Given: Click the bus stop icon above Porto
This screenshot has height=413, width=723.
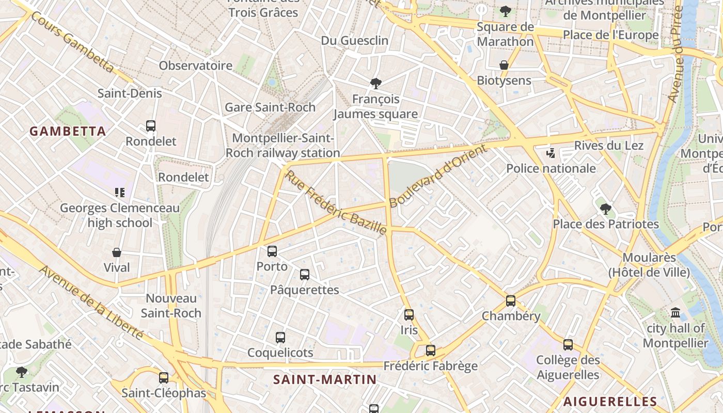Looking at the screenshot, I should tap(272, 251).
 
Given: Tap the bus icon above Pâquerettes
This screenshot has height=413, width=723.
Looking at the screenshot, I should tap(304, 275).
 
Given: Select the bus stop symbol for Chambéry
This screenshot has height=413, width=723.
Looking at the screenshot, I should tap(511, 300).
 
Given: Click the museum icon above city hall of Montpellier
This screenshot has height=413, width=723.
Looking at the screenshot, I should tap(675, 313).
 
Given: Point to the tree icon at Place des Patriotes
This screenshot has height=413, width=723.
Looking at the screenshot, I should tap(606, 209).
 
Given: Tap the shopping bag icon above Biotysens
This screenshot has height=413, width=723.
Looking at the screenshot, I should tap(504, 65).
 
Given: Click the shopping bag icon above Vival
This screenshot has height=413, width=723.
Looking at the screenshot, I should tap(117, 252).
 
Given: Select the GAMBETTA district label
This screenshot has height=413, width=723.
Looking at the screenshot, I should tap(68, 131).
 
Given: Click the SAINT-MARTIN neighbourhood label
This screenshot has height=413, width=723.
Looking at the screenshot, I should tap(325, 379).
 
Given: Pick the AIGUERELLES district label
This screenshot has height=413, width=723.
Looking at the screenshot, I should tap(610, 401).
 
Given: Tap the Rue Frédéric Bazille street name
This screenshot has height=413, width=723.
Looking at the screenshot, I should tap(335, 202).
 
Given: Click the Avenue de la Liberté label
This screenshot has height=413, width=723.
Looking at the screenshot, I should tap(92, 303).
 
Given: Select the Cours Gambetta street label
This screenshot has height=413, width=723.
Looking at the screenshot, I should tap(72, 42).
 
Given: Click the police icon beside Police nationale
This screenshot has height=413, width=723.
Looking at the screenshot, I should tap(551, 153).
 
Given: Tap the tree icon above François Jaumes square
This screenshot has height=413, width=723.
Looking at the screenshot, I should tap(376, 83).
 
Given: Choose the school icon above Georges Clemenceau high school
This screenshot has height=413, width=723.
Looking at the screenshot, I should tap(120, 193).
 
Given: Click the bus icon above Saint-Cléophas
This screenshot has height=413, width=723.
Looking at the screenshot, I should tap(164, 377).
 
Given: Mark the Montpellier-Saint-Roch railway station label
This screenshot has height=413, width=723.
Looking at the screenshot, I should tap(282, 146).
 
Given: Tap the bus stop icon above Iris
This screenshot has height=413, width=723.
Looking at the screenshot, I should tap(409, 314).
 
